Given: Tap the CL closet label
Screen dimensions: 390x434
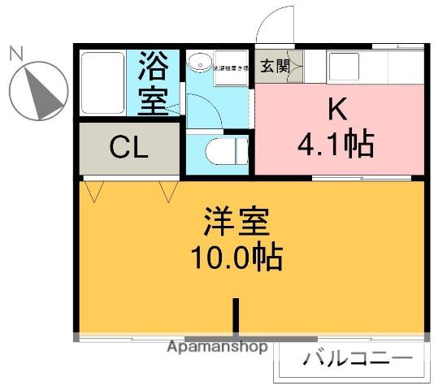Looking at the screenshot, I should [x=129, y=149].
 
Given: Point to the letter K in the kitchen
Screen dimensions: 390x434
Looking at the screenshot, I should [x=338, y=109].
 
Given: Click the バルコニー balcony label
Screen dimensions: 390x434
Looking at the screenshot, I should [x=358, y=358].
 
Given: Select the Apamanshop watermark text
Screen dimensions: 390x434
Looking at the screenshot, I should [x=217, y=347].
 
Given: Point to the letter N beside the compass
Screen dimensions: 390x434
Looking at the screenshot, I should [x=15, y=54].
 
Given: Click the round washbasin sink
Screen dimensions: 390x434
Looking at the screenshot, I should [x=198, y=63].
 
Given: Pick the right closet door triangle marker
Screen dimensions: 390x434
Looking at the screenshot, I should [x=169, y=192].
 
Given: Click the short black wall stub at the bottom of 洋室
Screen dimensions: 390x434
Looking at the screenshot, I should [x=237, y=316].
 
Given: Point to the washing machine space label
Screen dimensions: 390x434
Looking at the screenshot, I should [x=231, y=68].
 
